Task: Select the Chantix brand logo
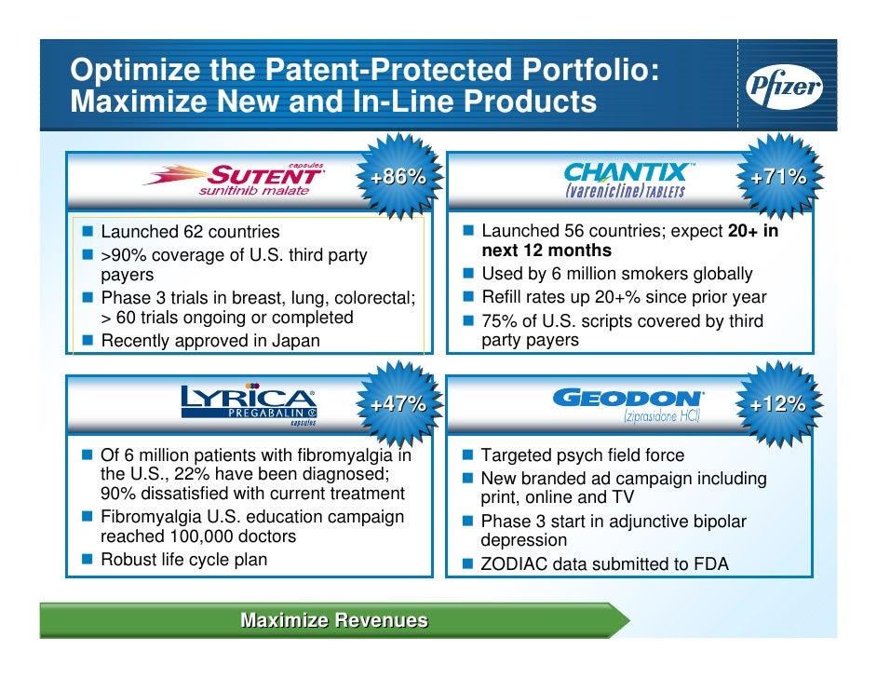point(626,177)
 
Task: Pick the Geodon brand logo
point(628,403)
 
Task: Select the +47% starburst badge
point(398,404)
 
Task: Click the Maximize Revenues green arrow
point(334,620)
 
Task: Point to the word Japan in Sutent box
point(296,341)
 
